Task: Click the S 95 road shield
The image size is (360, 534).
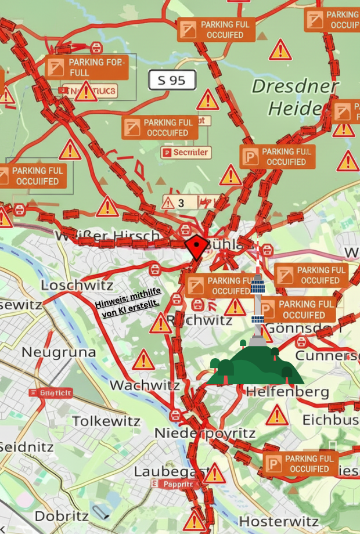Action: click(172, 80)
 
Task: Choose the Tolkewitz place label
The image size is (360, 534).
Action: click(106, 421)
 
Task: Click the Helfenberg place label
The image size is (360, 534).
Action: click(287, 392)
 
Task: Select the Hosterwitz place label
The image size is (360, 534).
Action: click(279, 520)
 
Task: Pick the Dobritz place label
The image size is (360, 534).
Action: click(62, 516)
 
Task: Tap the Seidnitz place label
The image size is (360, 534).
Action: click(27, 447)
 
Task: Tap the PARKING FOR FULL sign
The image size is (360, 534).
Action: click(87, 67)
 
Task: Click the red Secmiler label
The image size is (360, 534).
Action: click(185, 153)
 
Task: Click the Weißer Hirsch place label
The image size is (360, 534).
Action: click(107, 236)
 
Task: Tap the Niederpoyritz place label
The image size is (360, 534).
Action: click(204, 434)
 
